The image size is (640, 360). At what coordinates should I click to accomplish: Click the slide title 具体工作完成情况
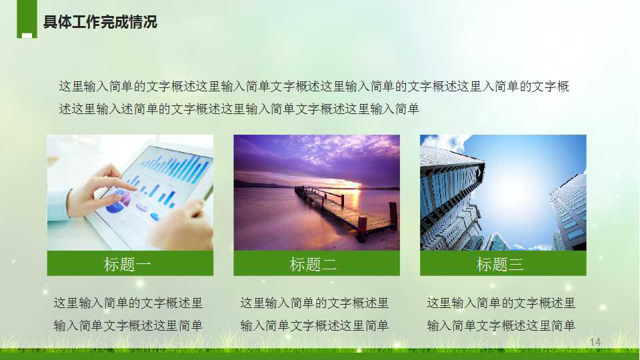point(100,22)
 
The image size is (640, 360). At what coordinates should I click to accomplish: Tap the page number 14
point(595,342)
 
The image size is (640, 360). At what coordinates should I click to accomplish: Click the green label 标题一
point(128,264)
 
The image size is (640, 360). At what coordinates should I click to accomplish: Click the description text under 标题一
point(128,314)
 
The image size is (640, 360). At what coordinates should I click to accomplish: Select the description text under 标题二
point(314,314)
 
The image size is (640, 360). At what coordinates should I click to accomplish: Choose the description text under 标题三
point(501,314)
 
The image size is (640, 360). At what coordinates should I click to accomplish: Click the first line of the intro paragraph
point(314,87)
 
